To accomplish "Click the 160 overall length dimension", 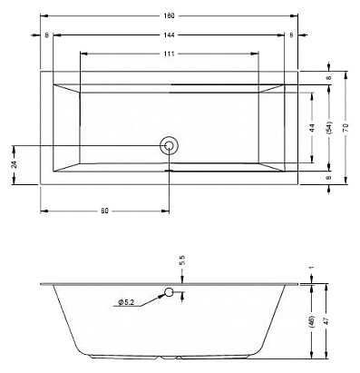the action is point(170,15).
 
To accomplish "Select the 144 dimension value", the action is point(170,35).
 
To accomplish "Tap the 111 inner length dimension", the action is point(170,54).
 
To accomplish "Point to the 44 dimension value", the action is point(312,128).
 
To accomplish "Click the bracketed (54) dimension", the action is point(329,128).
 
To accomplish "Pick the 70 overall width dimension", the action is point(346,128).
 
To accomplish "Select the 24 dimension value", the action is point(15,164).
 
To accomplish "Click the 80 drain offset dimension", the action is point(104,211).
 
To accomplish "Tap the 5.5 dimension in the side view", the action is point(181,260).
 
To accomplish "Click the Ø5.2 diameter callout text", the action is point(126,302).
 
